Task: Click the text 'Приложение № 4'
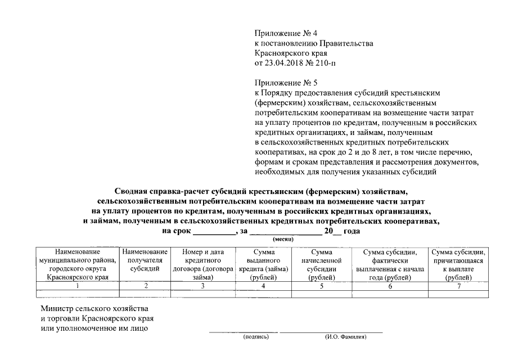tap(282, 34)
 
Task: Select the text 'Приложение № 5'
tap(282, 82)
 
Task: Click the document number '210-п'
tap(327, 62)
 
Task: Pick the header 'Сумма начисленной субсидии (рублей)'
tap(322, 264)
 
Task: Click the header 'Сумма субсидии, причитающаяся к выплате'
tap(458, 264)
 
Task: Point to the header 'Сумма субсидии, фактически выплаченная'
tap(389, 264)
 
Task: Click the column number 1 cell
tap(78, 286)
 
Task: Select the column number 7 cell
tap(458, 286)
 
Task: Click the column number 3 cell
tap(202, 286)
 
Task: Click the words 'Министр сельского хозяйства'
tap(94, 309)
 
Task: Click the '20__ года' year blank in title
tap(341, 231)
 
